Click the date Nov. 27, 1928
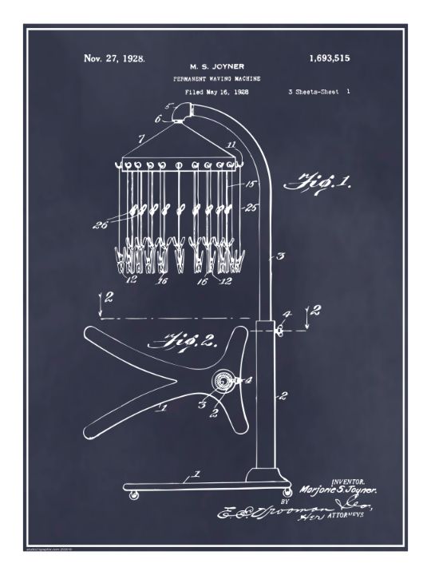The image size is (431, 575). click(114, 59)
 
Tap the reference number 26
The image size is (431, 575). click(101, 224)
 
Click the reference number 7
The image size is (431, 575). click(140, 139)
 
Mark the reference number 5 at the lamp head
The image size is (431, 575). click(168, 106)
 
